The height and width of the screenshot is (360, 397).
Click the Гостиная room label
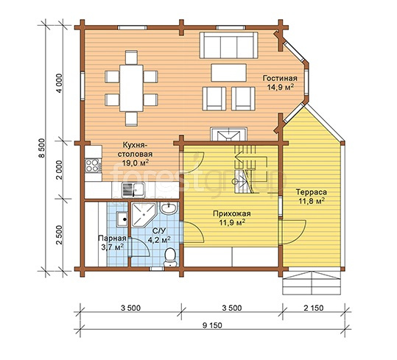click(x=280, y=78)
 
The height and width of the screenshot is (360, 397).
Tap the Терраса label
click(x=312, y=192)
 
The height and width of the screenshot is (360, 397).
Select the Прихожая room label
click(x=232, y=213)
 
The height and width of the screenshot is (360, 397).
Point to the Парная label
click(x=112, y=239)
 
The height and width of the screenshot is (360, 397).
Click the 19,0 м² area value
click(x=136, y=163)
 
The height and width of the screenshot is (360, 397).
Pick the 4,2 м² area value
click(x=159, y=239)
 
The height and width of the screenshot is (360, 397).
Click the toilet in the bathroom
click(x=170, y=257)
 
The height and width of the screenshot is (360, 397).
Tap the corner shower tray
click(x=143, y=215)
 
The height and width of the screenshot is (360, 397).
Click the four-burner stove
click(x=93, y=166)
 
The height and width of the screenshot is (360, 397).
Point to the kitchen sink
click(x=133, y=190)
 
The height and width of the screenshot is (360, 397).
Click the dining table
click(x=131, y=88)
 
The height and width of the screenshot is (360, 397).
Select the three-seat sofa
click(x=228, y=46)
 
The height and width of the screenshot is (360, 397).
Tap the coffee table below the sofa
click(x=228, y=73)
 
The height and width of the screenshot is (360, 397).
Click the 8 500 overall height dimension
click(x=42, y=148)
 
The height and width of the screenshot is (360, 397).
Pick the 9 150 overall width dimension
click(x=212, y=325)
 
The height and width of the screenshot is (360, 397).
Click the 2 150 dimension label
click(x=314, y=308)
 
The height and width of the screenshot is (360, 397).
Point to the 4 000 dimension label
click(x=59, y=83)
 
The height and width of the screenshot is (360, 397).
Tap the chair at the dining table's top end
click(x=131, y=57)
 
